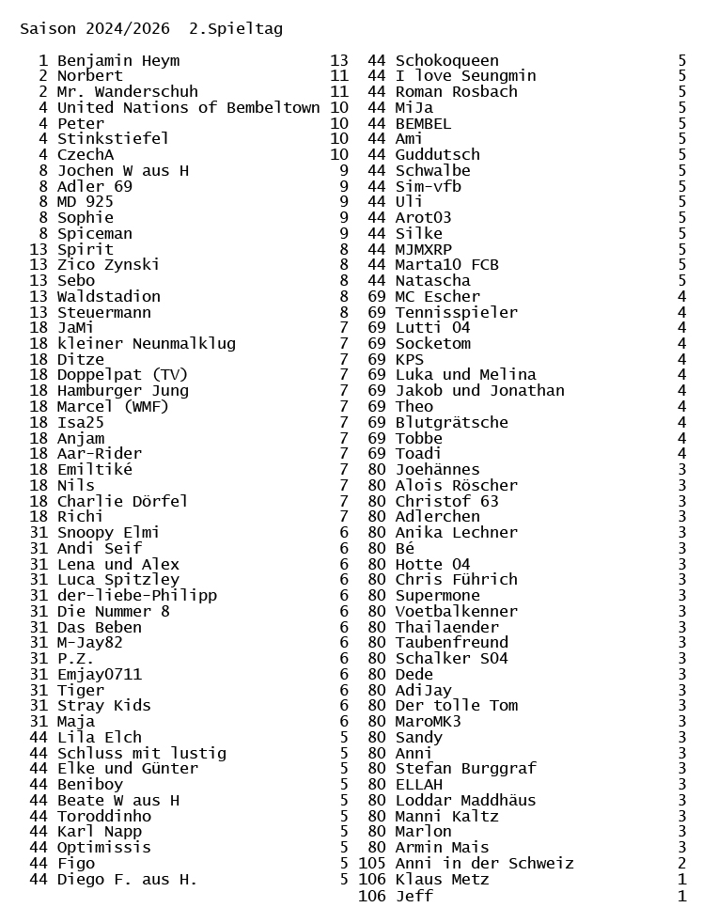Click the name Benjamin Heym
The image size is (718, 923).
coord(118,61)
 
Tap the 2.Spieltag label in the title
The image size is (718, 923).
coord(235,29)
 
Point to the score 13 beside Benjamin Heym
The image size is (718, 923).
coord(339,61)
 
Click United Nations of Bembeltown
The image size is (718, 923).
coord(188,108)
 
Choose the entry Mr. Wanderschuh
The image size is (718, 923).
coord(128,92)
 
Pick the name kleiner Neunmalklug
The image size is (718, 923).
coord(147,344)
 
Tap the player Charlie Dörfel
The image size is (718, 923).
coord(123,502)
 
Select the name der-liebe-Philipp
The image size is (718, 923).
coord(137,596)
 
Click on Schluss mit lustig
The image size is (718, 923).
coord(142,753)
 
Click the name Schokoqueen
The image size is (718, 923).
coord(447,61)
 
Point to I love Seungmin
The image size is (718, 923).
coord(466,76)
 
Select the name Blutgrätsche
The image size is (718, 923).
coord(452,423)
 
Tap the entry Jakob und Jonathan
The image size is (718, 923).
coord(480,391)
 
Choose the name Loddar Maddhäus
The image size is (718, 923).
coord(466,801)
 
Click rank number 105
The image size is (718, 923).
coord(372,864)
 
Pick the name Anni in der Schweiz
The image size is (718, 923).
coord(485,864)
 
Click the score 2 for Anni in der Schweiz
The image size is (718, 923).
coord(682,864)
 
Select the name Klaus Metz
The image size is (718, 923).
coord(443,880)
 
